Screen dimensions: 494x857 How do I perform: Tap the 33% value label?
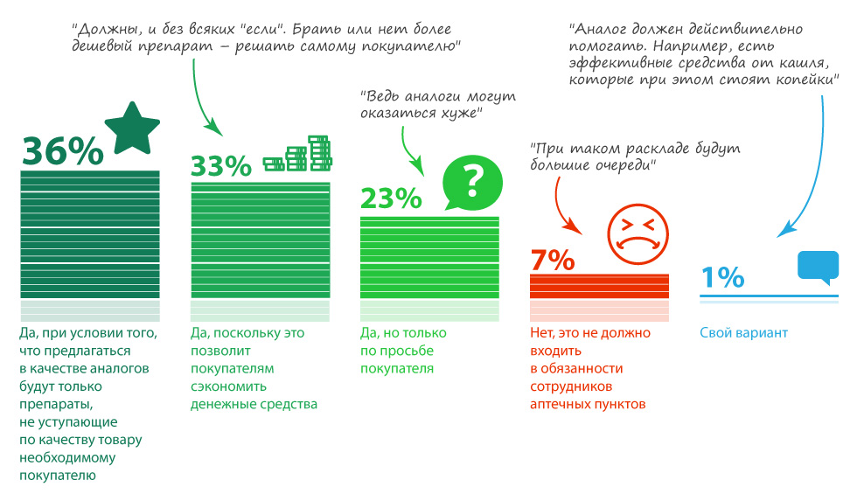[221, 166]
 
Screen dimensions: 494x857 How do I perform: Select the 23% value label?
[390, 200]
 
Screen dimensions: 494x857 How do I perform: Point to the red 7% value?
[552, 260]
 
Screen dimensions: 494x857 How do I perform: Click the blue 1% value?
[722, 277]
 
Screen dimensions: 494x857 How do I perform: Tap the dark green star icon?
[132, 128]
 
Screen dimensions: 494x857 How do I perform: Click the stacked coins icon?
[300, 154]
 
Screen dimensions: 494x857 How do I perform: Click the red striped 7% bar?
[599, 287]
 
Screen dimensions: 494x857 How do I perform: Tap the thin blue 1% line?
[770, 297]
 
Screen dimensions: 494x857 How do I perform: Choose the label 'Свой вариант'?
[743, 333]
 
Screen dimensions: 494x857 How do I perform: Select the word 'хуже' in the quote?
[463, 114]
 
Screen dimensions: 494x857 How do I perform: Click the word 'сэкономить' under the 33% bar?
[228, 386]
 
